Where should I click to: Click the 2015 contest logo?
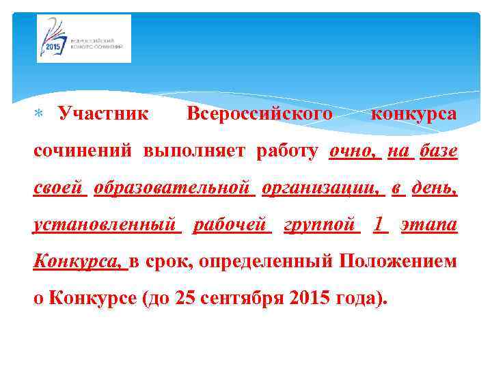[x=84, y=39]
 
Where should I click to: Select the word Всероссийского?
[x=260, y=112]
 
